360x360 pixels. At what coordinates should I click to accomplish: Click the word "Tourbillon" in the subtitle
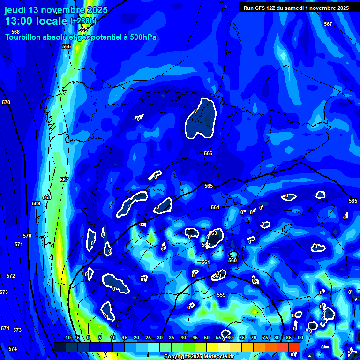tap(25, 37)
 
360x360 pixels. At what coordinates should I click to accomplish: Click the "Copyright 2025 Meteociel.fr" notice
tap(199, 356)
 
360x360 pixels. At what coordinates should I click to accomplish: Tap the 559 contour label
tap(221, 295)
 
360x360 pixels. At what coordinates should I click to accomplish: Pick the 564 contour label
tap(215, 207)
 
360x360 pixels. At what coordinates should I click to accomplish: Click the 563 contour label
tap(213, 233)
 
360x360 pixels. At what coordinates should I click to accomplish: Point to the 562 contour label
tap(206, 245)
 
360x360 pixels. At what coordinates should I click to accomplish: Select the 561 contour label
tap(205, 262)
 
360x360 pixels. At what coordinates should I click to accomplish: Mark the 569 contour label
tap(36, 203)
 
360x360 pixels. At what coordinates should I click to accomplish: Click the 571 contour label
tap(19, 244)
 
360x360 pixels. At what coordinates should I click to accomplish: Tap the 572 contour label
tap(11, 276)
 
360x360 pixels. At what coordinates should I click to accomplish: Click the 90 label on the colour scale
tap(300, 337)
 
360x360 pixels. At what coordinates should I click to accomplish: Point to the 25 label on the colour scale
tap(148, 337)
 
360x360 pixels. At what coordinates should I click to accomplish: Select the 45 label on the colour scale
tap(195, 337)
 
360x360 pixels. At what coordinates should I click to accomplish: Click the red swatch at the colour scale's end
tap(294, 346)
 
